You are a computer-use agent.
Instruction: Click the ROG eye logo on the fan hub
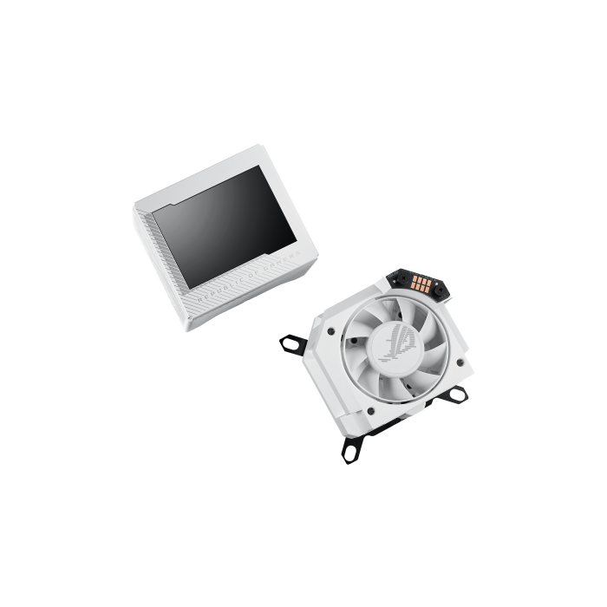coord(398,346)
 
